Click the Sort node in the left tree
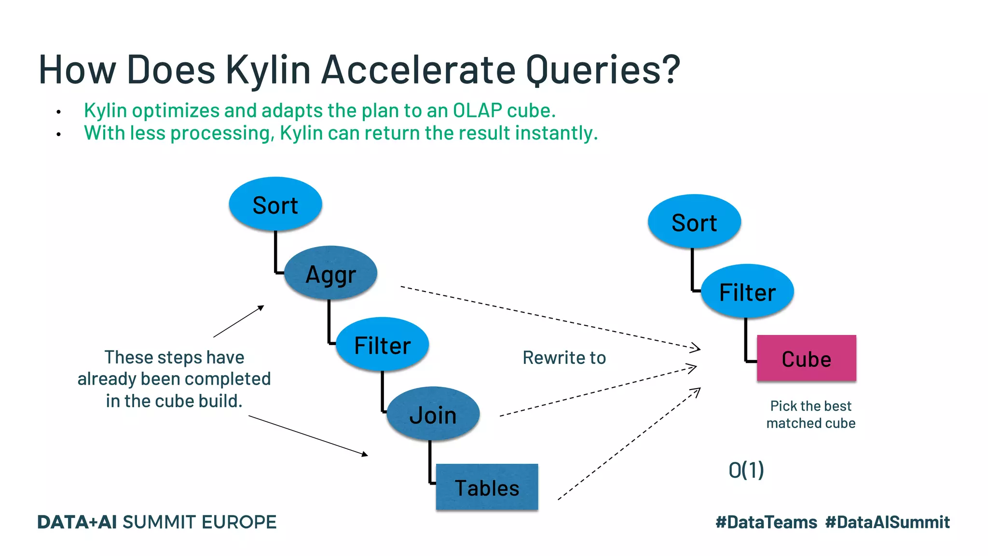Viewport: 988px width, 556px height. coord(275,204)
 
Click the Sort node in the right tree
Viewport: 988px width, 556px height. coord(694,222)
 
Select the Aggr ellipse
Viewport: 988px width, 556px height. coord(330,274)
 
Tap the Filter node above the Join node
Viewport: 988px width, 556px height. coord(382,345)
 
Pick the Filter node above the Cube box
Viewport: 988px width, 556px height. coord(747,292)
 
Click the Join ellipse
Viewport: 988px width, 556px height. coord(433,414)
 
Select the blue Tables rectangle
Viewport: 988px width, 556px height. coord(487,487)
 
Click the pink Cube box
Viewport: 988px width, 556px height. coord(806,359)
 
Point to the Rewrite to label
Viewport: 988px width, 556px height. coord(564,358)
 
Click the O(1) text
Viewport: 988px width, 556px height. coord(746,470)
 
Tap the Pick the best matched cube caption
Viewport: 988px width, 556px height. coord(810,415)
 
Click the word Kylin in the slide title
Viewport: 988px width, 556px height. coord(268,70)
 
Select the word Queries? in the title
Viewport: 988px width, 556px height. coord(603,70)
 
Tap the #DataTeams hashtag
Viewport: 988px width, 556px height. coord(766,522)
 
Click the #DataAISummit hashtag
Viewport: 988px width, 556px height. coord(887,522)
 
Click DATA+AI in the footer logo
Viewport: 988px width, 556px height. coord(77,522)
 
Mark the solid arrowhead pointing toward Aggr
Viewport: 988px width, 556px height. coord(261,307)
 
